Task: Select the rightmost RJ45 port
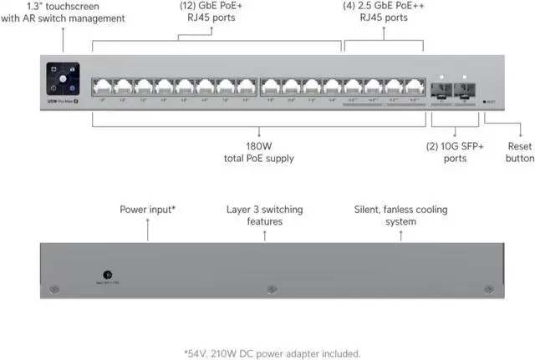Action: (x=413, y=85)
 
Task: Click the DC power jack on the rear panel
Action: (x=108, y=273)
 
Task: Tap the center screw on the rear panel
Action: (x=270, y=289)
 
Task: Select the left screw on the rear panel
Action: (x=54, y=289)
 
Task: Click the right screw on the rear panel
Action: (x=487, y=289)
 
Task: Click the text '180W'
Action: (x=259, y=145)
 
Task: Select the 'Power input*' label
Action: (x=147, y=209)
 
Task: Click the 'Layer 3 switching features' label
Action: (x=264, y=215)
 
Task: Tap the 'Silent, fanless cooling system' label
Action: (x=400, y=215)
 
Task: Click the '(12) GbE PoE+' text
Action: (x=211, y=5)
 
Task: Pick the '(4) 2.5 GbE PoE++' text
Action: (x=384, y=5)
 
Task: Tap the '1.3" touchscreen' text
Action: (x=64, y=5)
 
